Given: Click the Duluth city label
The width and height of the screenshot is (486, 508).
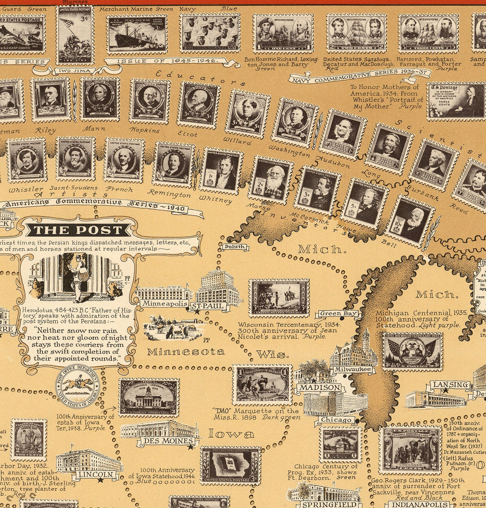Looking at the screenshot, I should tap(235, 247).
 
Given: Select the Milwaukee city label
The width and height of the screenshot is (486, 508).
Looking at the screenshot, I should tap(353, 369).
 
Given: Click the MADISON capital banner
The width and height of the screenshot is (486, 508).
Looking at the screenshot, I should tap(320, 388).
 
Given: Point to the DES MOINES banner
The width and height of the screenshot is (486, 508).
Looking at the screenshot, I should tap(168, 441).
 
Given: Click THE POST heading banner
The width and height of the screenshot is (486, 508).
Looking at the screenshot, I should tap(78, 230).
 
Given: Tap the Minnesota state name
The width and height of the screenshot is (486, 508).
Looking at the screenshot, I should tap(186, 352).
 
